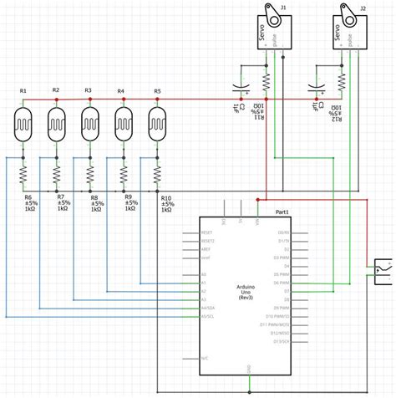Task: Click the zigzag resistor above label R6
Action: [23, 173]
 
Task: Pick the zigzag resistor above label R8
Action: [90, 173]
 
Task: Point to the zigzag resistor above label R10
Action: [157, 173]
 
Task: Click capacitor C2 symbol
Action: [241, 88]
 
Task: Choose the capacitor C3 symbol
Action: [317, 88]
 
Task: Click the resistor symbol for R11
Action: [266, 82]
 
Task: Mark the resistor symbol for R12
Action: [341, 82]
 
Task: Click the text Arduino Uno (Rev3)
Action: [246, 293]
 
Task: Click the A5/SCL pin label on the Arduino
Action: [209, 318]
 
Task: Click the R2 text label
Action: [56, 89]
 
